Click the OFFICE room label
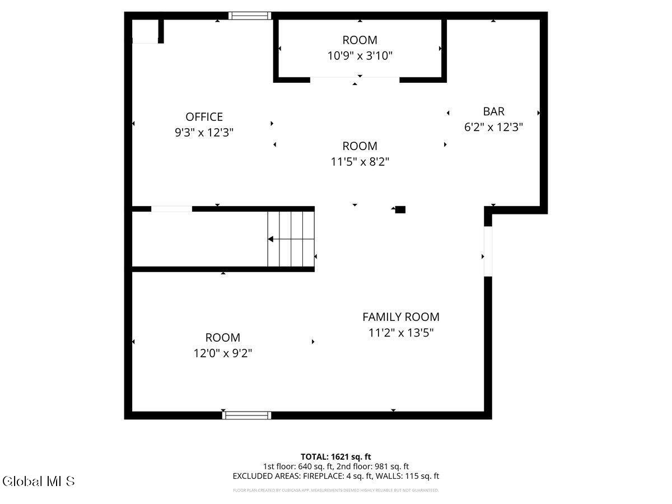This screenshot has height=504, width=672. pos(204,116)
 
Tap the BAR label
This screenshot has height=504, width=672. pos(493,111)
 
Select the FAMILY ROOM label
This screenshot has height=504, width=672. pos(400,317)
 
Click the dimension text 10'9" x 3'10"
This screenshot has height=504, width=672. pos(360,56)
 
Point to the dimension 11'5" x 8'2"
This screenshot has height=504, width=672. pos(360,162)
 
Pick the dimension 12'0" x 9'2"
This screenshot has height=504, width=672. pos(223,353)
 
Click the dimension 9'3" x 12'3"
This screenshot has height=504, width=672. pos(204,133)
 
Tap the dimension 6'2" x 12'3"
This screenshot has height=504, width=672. pos(493,127)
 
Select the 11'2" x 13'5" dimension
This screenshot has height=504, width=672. pos(400,333)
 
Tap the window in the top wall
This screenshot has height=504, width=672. pos(250,16)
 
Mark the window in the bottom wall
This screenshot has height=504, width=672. pos(247,415)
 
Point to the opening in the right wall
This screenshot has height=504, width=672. pos(488,251)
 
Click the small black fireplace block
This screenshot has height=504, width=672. pos(400,209)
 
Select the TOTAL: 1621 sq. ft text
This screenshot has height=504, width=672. pos(336,457)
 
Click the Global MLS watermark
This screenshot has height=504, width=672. pos(38,481)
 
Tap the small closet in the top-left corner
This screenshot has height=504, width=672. pos(144,31)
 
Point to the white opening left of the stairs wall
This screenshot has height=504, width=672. pos(171,209)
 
